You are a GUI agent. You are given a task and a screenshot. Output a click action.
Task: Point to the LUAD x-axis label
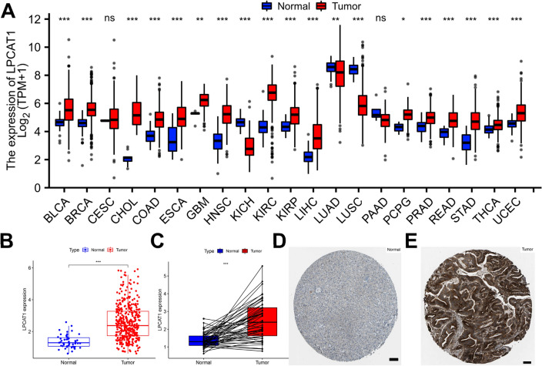tap(336, 206)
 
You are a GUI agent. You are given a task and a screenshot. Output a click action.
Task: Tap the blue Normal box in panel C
tap(204, 340)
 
